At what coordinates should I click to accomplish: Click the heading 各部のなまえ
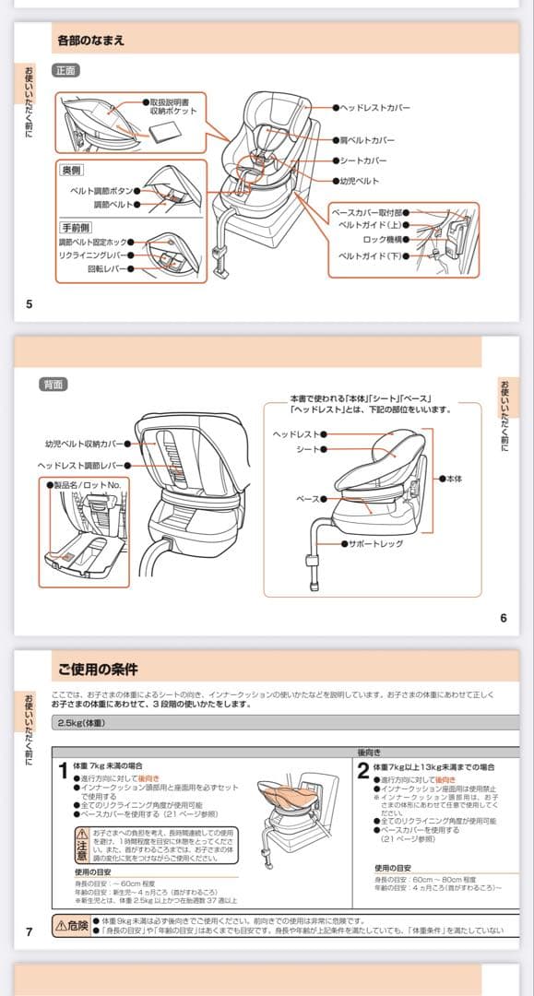[x=90, y=41]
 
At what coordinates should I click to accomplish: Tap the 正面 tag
[x=65, y=71]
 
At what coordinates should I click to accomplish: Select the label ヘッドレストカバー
[x=374, y=108]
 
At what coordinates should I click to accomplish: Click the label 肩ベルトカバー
[x=367, y=140]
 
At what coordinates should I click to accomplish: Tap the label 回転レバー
[x=106, y=269]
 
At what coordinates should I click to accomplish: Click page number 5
[x=29, y=304]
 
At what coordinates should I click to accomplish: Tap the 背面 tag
[x=52, y=384]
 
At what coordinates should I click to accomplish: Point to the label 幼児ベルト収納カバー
[x=83, y=444]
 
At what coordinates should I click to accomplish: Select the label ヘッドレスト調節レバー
[x=80, y=466]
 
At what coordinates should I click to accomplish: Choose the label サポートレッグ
[x=374, y=544]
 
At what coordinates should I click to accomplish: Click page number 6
[x=504, y=618]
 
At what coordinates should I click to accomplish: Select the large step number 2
[x=363, y=771]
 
